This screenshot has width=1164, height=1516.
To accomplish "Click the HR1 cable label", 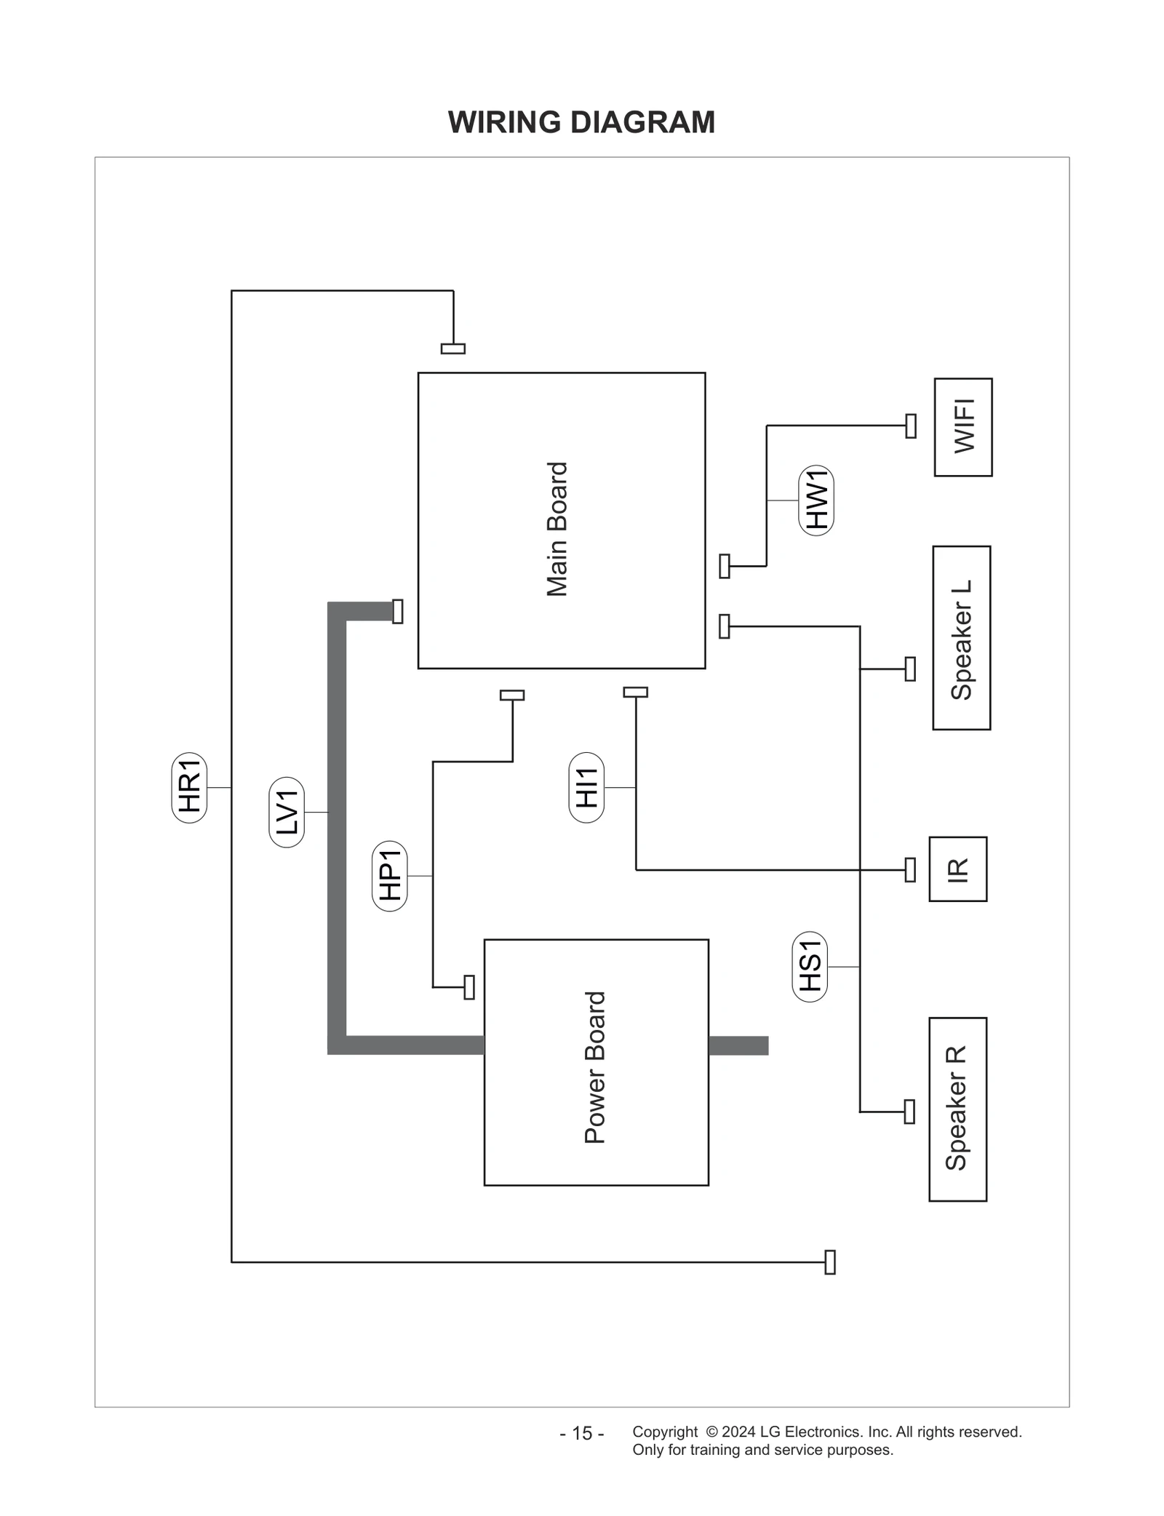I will click(189, 787).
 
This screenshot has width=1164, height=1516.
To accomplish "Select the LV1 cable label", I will click(287, 812).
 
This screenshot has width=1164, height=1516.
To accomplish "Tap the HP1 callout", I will click(390, 876).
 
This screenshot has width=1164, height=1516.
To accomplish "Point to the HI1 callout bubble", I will click(586, 787).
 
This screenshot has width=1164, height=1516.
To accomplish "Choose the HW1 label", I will click(816, 500).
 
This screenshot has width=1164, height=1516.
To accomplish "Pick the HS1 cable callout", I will click(810, 966).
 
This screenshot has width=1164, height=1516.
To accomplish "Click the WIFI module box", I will click(963, 427).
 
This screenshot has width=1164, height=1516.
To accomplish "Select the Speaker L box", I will click(962, 638).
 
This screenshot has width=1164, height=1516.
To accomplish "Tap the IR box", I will click(958, 869).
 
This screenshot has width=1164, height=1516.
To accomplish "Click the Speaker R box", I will click(957, 1109).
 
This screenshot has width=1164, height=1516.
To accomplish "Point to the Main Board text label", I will click(557, 529).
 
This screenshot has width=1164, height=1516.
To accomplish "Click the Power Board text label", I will click(595, 1067).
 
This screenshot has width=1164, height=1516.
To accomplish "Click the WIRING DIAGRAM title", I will click(581, 122).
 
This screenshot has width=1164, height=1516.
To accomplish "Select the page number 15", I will click(581, 1433).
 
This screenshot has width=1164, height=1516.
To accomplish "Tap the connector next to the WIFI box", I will click(911, 426).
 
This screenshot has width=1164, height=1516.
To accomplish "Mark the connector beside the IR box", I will click(910, 869).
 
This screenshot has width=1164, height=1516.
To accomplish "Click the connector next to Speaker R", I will click(909, 1112).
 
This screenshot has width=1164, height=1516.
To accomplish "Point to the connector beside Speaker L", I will click(910, 669).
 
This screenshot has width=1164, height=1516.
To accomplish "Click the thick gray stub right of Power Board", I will click(738, 1045).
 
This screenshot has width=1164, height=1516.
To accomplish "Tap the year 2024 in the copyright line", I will click(738, 1432).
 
